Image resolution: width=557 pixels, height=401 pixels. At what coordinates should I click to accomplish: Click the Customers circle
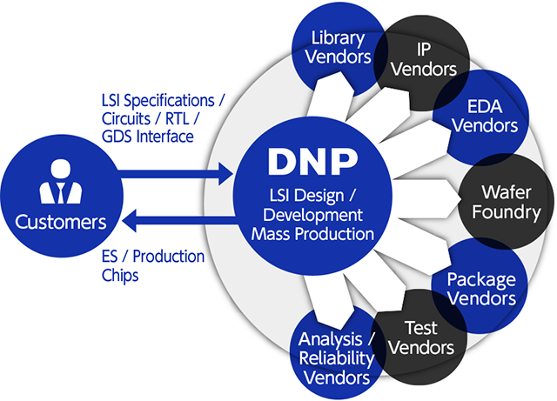pos(61,201)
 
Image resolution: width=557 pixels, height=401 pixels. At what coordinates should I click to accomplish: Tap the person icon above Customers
pos(60,184)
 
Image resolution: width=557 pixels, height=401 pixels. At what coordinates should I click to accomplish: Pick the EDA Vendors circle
pos(478,114)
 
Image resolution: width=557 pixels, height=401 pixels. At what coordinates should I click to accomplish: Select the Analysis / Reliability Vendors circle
pos(336,358)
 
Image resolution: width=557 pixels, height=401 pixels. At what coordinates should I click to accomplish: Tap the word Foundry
pos(511,211)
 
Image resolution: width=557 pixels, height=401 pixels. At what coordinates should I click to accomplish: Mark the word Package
pos(481,280)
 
